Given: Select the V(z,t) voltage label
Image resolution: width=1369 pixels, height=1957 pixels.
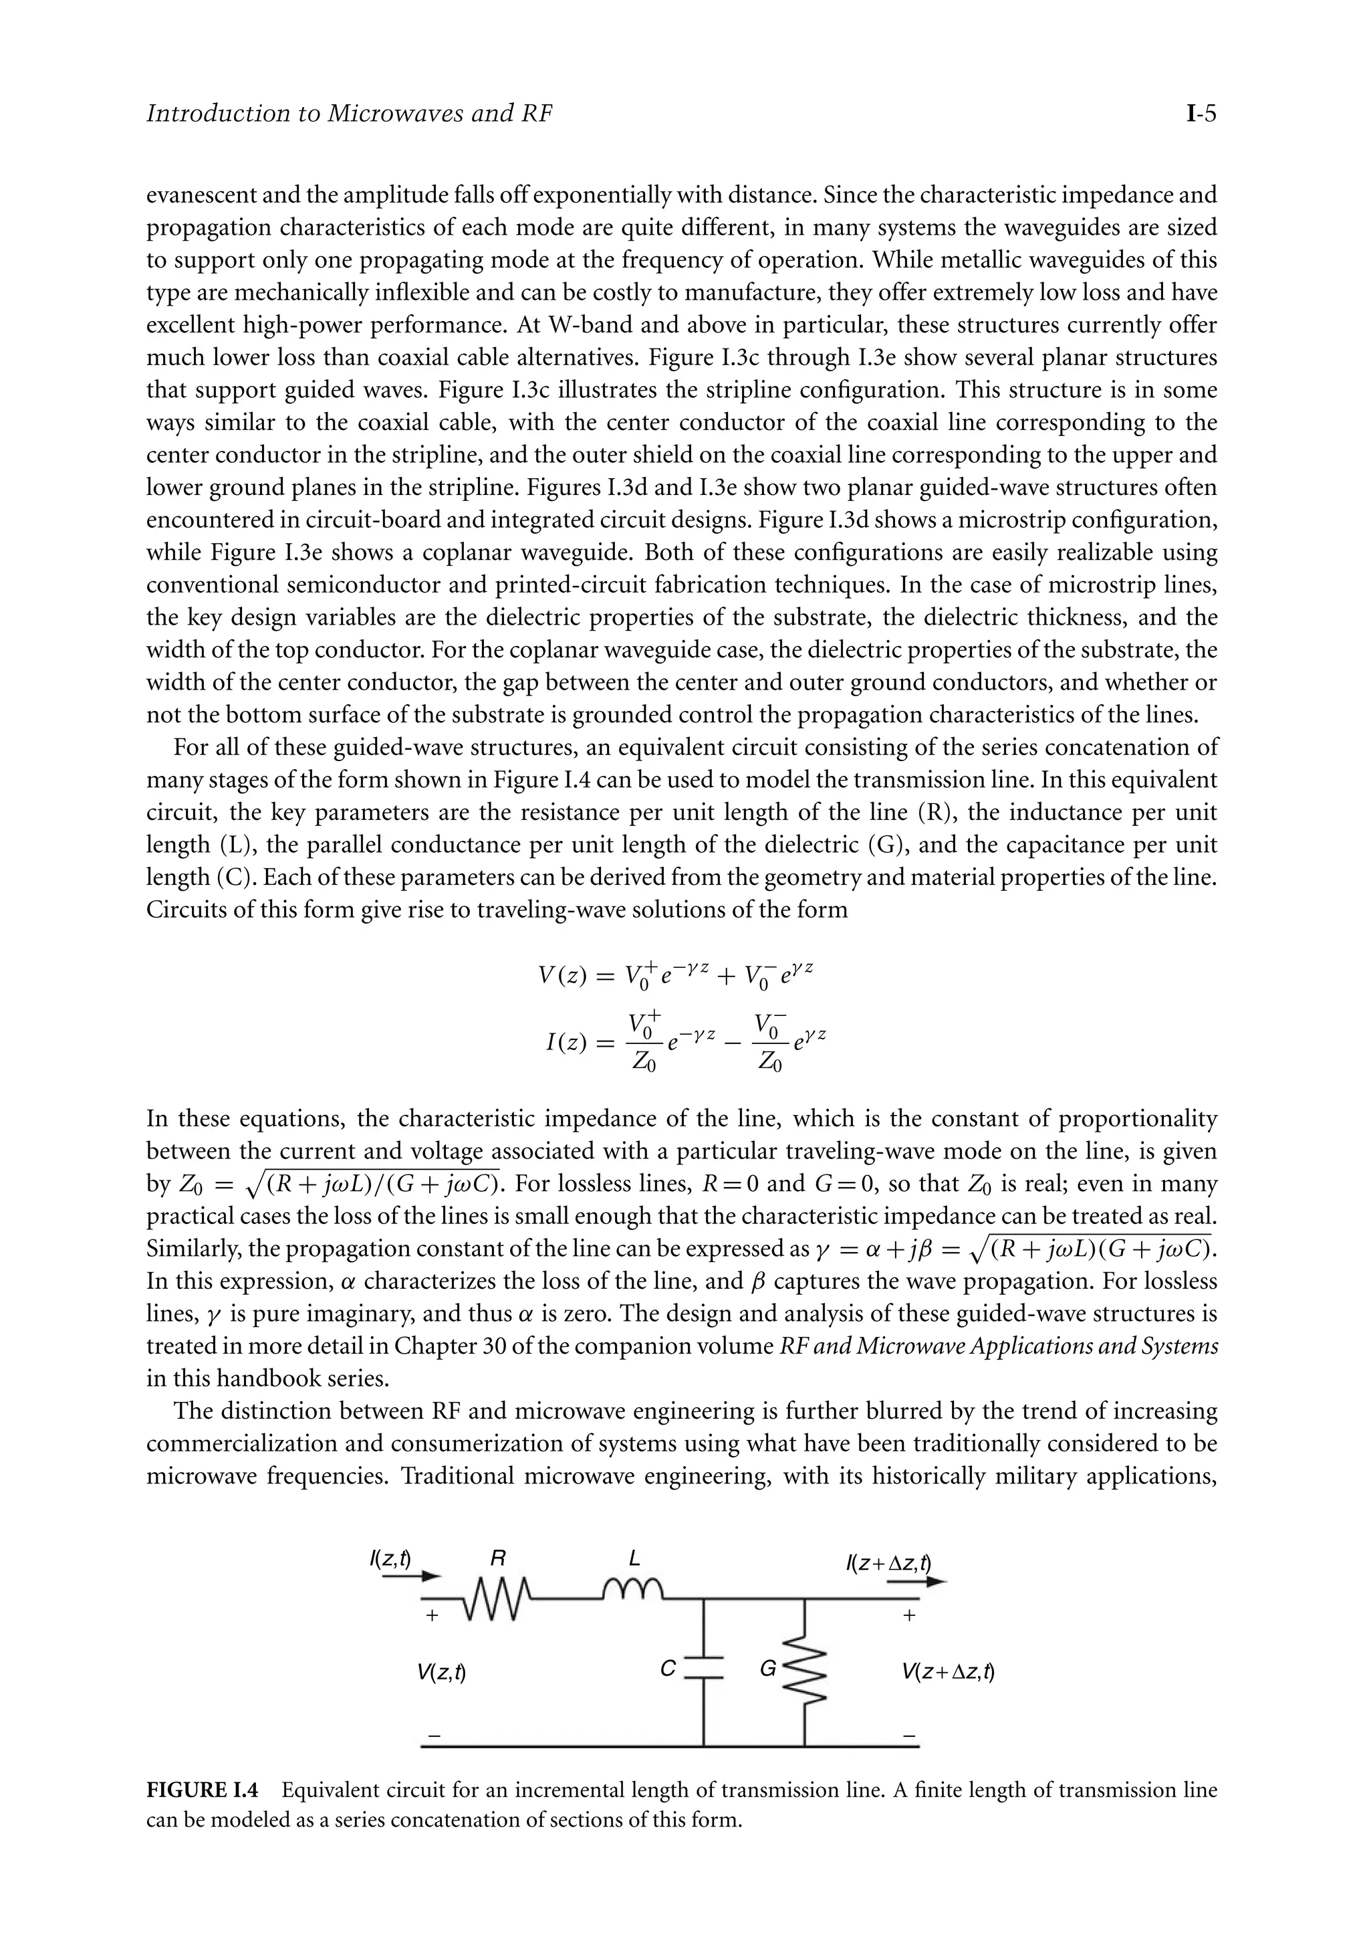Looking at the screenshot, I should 441,1672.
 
